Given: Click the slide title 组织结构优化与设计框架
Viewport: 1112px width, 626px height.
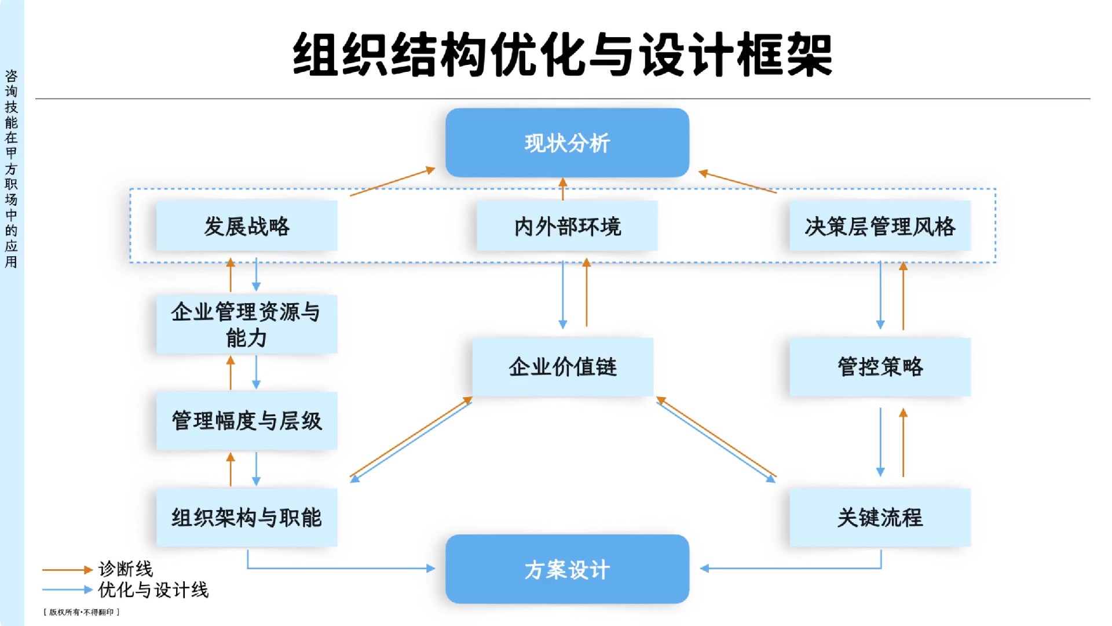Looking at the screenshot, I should coord(562,55).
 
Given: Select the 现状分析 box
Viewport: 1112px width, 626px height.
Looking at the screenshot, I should coord(567,143).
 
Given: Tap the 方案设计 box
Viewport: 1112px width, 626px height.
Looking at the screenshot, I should coord(567,569).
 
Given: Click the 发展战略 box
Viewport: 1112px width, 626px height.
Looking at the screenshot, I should coord(247,226).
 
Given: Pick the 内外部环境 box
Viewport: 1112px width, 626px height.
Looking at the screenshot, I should coord(567,226).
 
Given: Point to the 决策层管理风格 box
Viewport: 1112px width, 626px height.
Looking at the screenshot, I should coord(880,226).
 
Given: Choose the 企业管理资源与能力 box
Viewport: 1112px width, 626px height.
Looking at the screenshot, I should coord(247,325).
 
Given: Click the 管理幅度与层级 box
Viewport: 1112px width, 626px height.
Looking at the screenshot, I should coord(247,421).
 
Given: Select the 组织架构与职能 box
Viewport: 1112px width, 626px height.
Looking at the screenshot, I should coord(247,518).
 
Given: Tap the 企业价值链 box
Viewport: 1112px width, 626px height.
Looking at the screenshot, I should coord(562,367).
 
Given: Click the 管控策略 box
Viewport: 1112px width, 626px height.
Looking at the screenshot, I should coord(880,367).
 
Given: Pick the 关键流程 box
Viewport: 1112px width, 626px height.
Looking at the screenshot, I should coord(880,518).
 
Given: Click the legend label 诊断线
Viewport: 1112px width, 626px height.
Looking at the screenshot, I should coord(125,569).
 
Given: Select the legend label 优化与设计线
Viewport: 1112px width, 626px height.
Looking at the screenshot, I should coord(153,590).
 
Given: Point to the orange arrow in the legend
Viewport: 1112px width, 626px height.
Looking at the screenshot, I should coord(67,570).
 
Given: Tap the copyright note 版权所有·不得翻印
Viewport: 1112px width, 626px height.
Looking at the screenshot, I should coord(81,612).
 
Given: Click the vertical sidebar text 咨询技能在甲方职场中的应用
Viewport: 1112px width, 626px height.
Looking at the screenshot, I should coord(11,169).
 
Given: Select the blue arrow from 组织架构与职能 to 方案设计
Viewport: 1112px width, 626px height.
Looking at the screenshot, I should coord(342,568).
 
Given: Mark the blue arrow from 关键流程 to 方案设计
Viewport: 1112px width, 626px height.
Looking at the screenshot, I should coord(793,568).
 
